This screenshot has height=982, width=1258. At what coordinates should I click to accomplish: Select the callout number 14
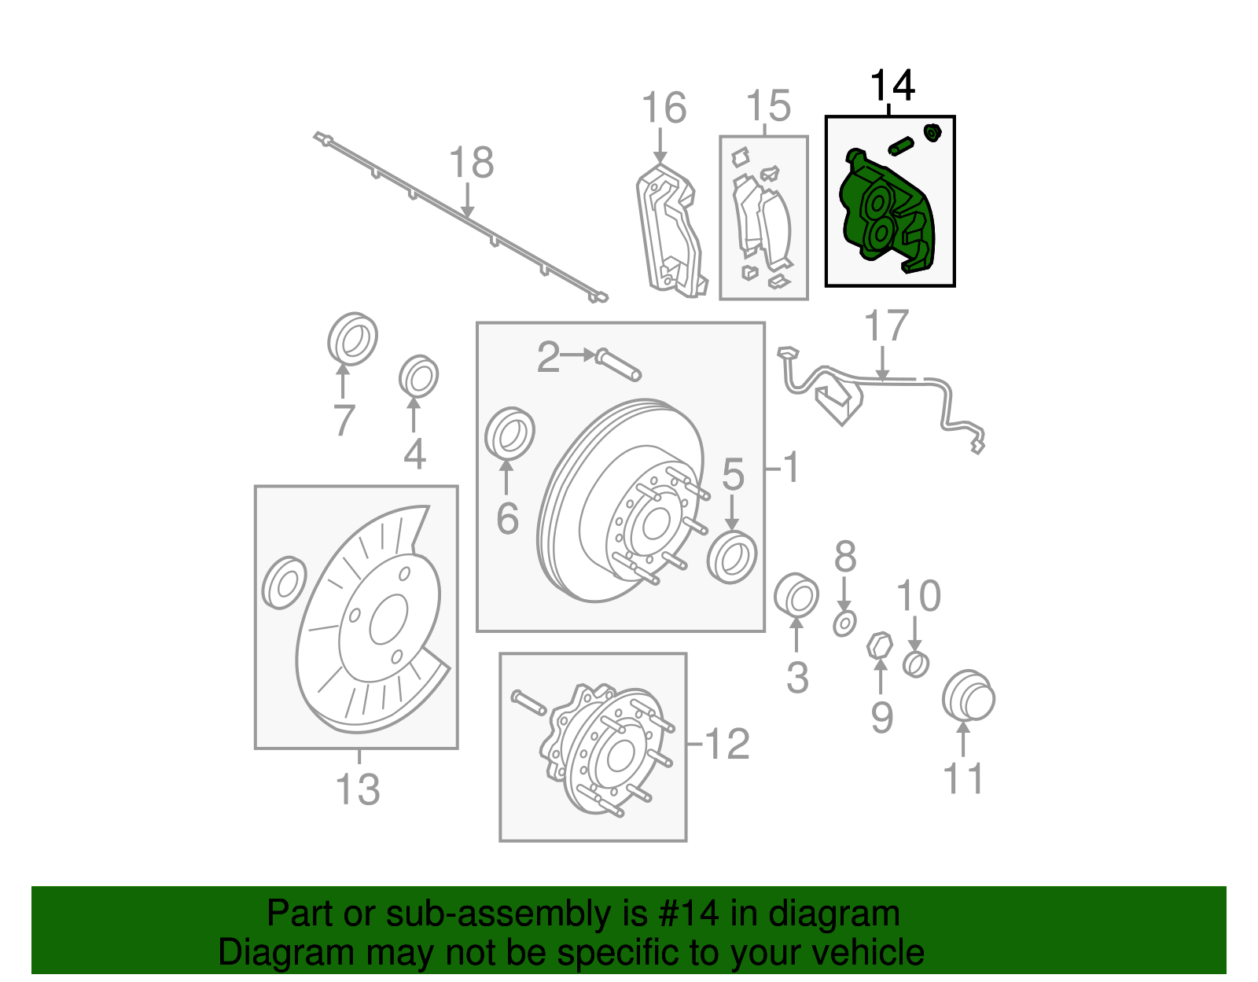[892, 86]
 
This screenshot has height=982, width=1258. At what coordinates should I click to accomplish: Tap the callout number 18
[471, 164]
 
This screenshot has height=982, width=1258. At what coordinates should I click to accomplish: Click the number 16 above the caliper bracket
[664, 108]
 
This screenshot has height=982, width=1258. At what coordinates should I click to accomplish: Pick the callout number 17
[886, 325]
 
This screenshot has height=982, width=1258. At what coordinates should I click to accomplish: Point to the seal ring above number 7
[351, 339]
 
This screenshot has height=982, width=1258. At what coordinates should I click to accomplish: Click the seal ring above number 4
[417, 377]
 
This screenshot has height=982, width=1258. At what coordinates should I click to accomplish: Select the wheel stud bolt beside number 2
[619, 365]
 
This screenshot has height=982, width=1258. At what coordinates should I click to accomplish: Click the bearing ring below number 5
[731, 557]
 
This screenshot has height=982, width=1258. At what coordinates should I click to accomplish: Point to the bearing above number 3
[796, 595]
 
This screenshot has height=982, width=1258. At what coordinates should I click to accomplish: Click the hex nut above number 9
[879, 647]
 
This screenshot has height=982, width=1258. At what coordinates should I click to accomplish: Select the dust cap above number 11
[968, 696]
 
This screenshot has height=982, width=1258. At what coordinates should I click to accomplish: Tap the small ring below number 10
[915, 664]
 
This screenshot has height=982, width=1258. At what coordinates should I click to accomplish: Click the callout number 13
[358, 789]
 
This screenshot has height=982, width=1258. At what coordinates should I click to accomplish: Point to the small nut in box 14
[932, 132]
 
